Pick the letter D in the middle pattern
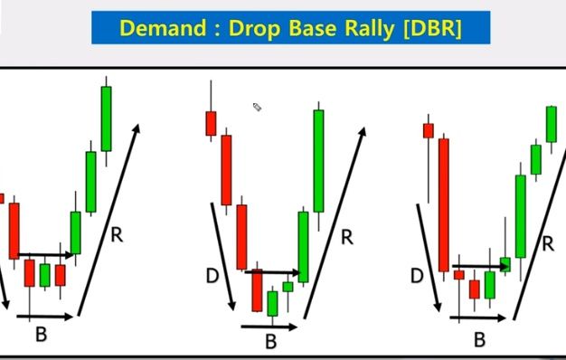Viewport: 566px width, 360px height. (x=212, y=275)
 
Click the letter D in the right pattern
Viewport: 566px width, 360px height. (x=417, y=275)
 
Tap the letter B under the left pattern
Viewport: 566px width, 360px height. (x=41, y=335)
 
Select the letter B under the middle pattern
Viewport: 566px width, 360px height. (x=270, y=341)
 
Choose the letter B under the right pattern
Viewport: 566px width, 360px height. (x=480, y=339)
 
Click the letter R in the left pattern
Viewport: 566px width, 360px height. (x=117, y=236)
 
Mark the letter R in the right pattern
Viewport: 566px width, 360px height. (x=548, y=242)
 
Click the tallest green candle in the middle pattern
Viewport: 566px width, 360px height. (x=319, y=161)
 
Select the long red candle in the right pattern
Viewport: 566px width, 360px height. (x=444, y=204)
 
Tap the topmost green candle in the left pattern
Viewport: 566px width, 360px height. (x=107, y=118)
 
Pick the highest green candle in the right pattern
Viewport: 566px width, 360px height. (x=551, y=124)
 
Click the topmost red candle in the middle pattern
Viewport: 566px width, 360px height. (x=211, y=122)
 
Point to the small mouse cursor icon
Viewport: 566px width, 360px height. (x=257, y=108)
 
